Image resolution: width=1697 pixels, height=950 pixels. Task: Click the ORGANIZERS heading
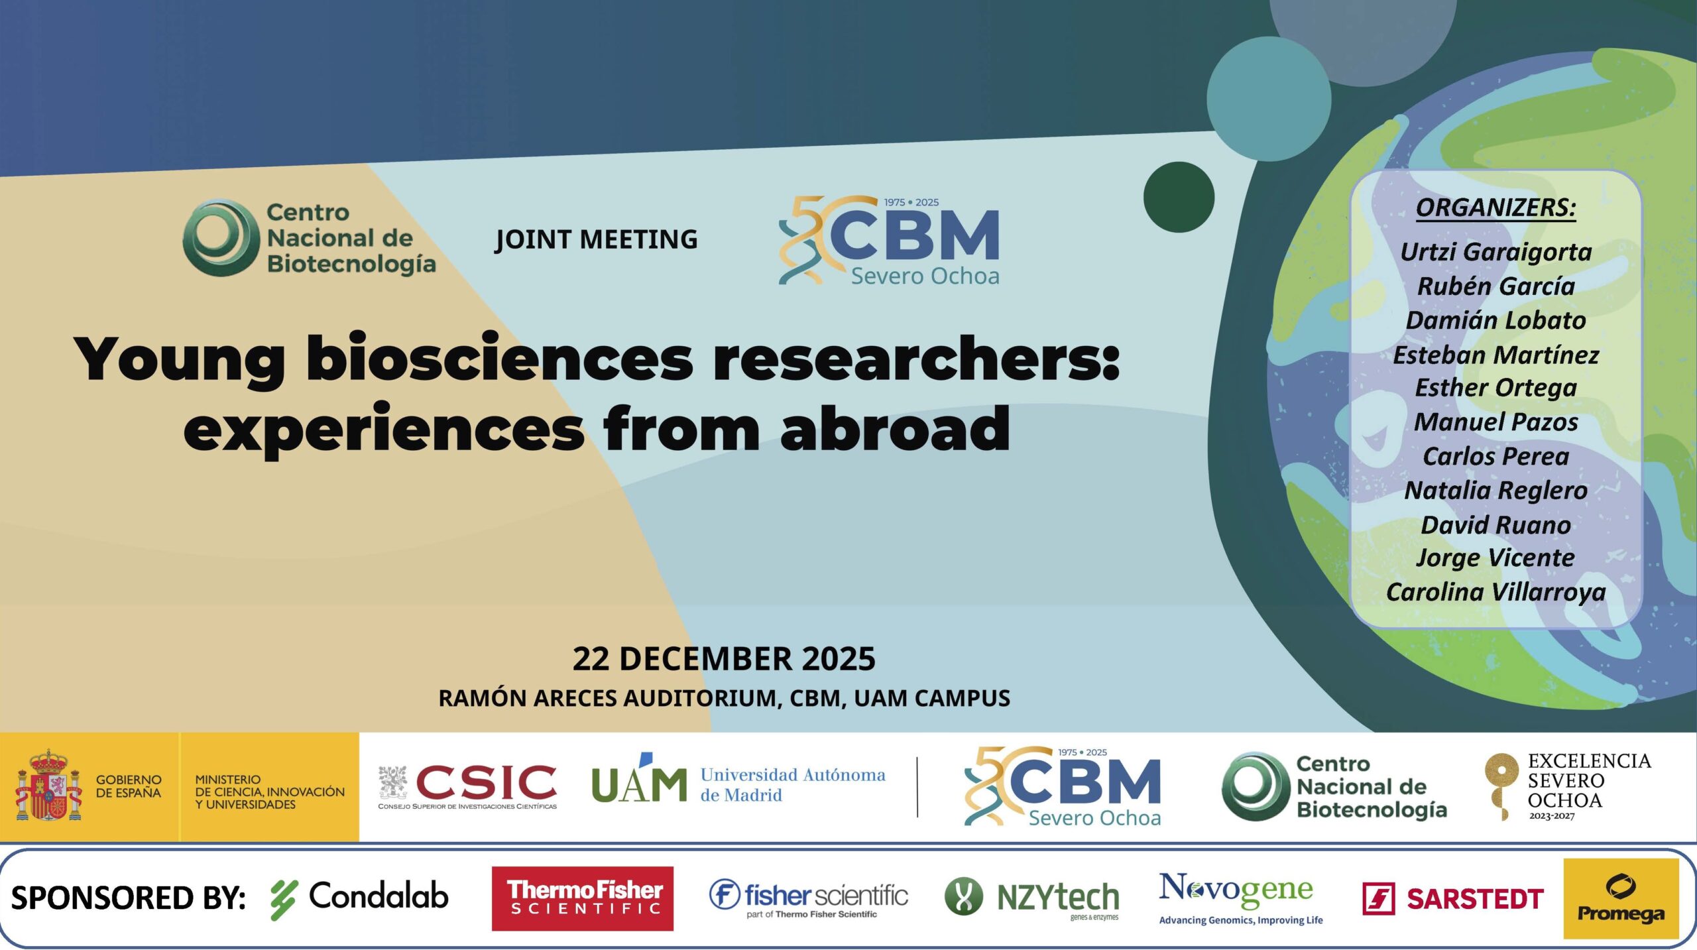1495,208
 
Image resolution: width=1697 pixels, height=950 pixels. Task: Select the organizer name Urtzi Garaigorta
1496,253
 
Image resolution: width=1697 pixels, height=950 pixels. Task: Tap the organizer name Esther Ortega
1496,388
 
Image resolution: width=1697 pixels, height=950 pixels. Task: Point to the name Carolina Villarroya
1496,593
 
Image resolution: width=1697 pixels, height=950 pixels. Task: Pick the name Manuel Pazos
1496,422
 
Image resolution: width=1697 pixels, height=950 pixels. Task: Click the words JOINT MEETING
597,240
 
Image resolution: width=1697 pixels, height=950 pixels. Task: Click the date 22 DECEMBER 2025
724,658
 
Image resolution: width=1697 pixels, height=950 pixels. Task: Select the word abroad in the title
896,429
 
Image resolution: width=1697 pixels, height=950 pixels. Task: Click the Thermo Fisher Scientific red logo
582,898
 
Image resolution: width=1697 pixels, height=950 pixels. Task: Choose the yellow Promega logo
1621,898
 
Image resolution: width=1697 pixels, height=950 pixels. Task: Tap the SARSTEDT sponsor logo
1452,899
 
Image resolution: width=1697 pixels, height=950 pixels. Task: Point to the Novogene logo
1240,898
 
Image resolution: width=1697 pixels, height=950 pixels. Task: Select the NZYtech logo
1031,898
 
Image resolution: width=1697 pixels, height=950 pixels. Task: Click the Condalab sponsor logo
359,898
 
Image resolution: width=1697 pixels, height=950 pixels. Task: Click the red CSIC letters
486,782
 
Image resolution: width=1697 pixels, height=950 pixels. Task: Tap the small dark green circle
1179,197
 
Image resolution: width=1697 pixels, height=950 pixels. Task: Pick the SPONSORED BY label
129,898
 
